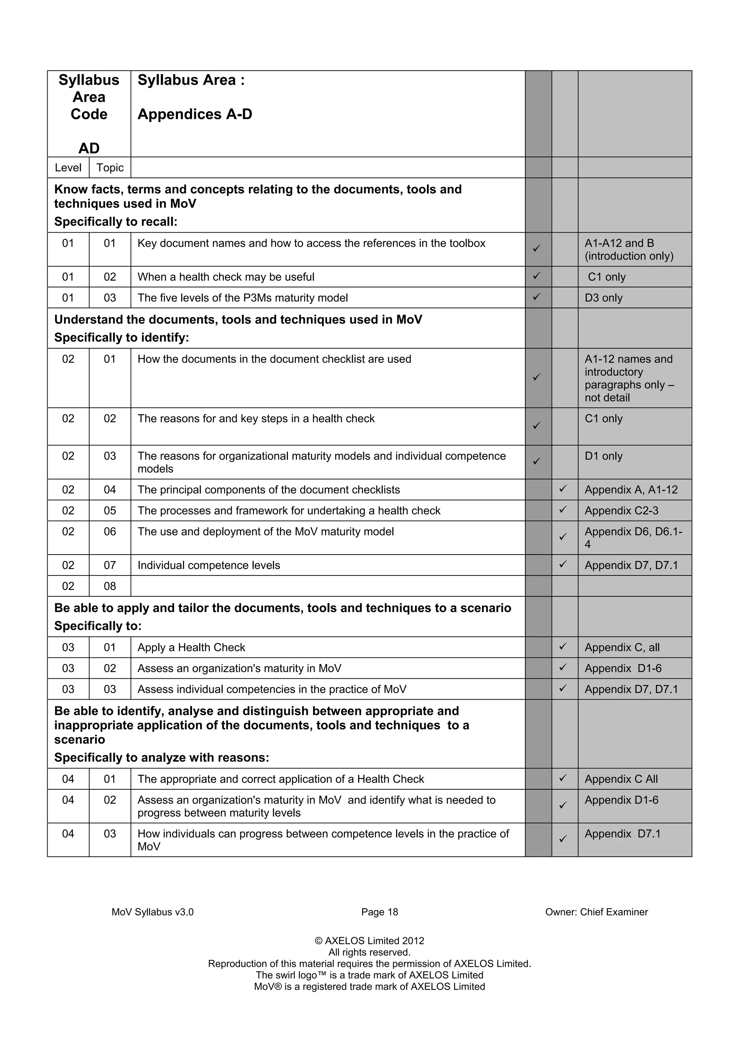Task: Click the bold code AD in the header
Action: [89, 148]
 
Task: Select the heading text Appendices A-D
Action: [195, 114]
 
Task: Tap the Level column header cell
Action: [68, 167]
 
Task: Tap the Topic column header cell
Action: [110, 167]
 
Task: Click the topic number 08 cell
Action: [110, 586]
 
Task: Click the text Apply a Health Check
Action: [191, 647]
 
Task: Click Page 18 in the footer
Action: [379, 912]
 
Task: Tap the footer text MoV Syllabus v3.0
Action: [153, 912]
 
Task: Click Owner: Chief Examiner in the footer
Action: [596, 912]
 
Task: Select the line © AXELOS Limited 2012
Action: [369, 941]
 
